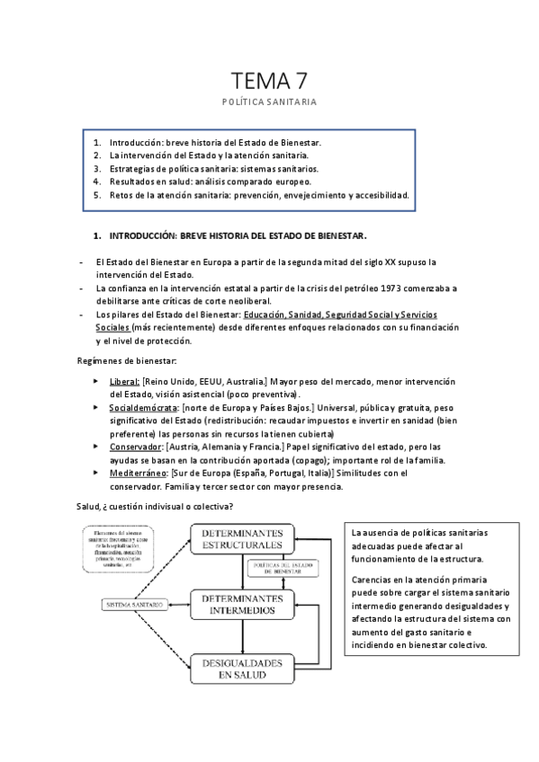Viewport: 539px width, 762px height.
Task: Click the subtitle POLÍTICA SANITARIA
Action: pos(269,102)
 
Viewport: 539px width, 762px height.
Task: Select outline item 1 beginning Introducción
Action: pos(215,143)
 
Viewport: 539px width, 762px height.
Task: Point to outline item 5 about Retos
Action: pos(259,194)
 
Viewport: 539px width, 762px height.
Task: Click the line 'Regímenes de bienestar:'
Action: pos(126,360)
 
